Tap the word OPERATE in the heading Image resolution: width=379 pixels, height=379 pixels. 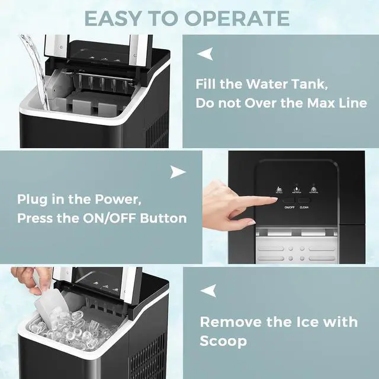pyautogui.click(x=240, y=18)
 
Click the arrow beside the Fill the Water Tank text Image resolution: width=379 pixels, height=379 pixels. pyautogui.click(x=205, y=54)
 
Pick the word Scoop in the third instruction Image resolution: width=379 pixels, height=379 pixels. pyautogui.click(x=223, y=342)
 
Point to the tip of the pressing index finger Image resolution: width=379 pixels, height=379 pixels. pyautogui.click(x=274, y=202)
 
